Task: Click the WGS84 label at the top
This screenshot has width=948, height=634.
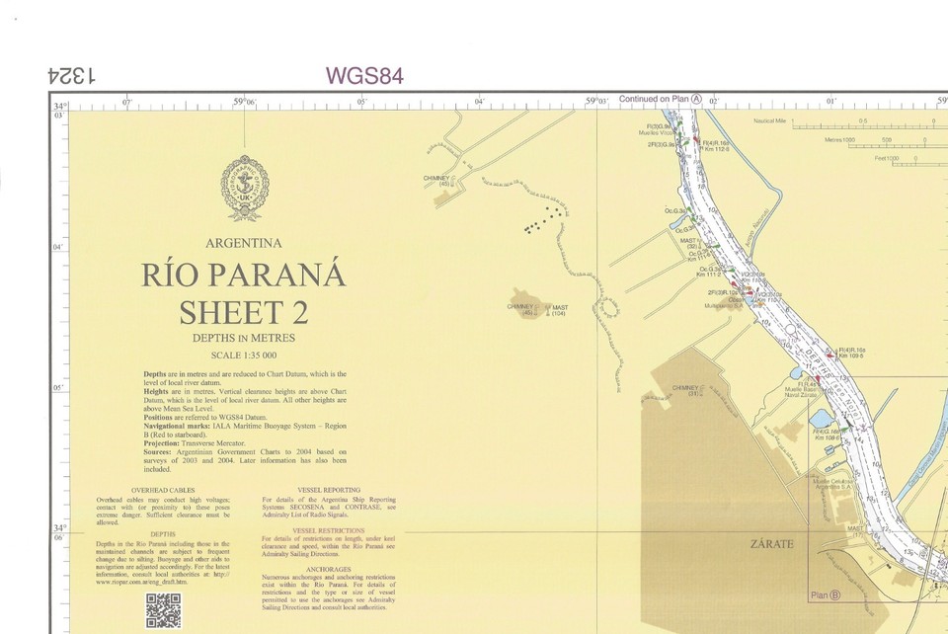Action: [363, 76]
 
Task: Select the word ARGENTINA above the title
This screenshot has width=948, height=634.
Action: [244, 243]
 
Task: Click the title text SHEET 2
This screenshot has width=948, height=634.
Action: [243, 312]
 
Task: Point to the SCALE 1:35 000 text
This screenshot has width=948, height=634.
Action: [244, 356]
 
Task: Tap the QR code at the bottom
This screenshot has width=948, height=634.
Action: [163, 611]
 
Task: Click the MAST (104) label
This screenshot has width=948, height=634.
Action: [559, 310]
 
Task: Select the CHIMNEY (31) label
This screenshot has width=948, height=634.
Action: [685, 390]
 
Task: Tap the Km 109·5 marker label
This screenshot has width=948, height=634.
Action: [851, 356]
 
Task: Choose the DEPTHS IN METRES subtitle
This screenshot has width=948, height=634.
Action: [244, 338]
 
